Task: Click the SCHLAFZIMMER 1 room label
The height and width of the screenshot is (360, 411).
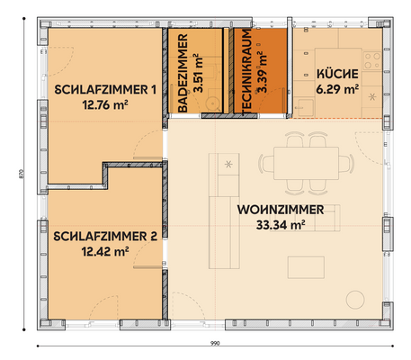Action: point(105,89)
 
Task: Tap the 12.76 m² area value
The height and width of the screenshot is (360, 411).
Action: point(105,103)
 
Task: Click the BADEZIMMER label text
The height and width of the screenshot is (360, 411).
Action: point(182,72)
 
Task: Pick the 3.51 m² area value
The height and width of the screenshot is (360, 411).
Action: point(197,72)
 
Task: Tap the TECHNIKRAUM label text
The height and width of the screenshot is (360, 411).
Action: point(246,72)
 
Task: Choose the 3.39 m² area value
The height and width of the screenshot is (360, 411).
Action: point(261,72)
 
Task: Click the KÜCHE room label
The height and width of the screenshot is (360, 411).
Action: point(337,75)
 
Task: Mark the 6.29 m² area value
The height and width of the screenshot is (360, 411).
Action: point(337,89)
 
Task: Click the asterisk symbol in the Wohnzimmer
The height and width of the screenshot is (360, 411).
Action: point(229,163)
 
